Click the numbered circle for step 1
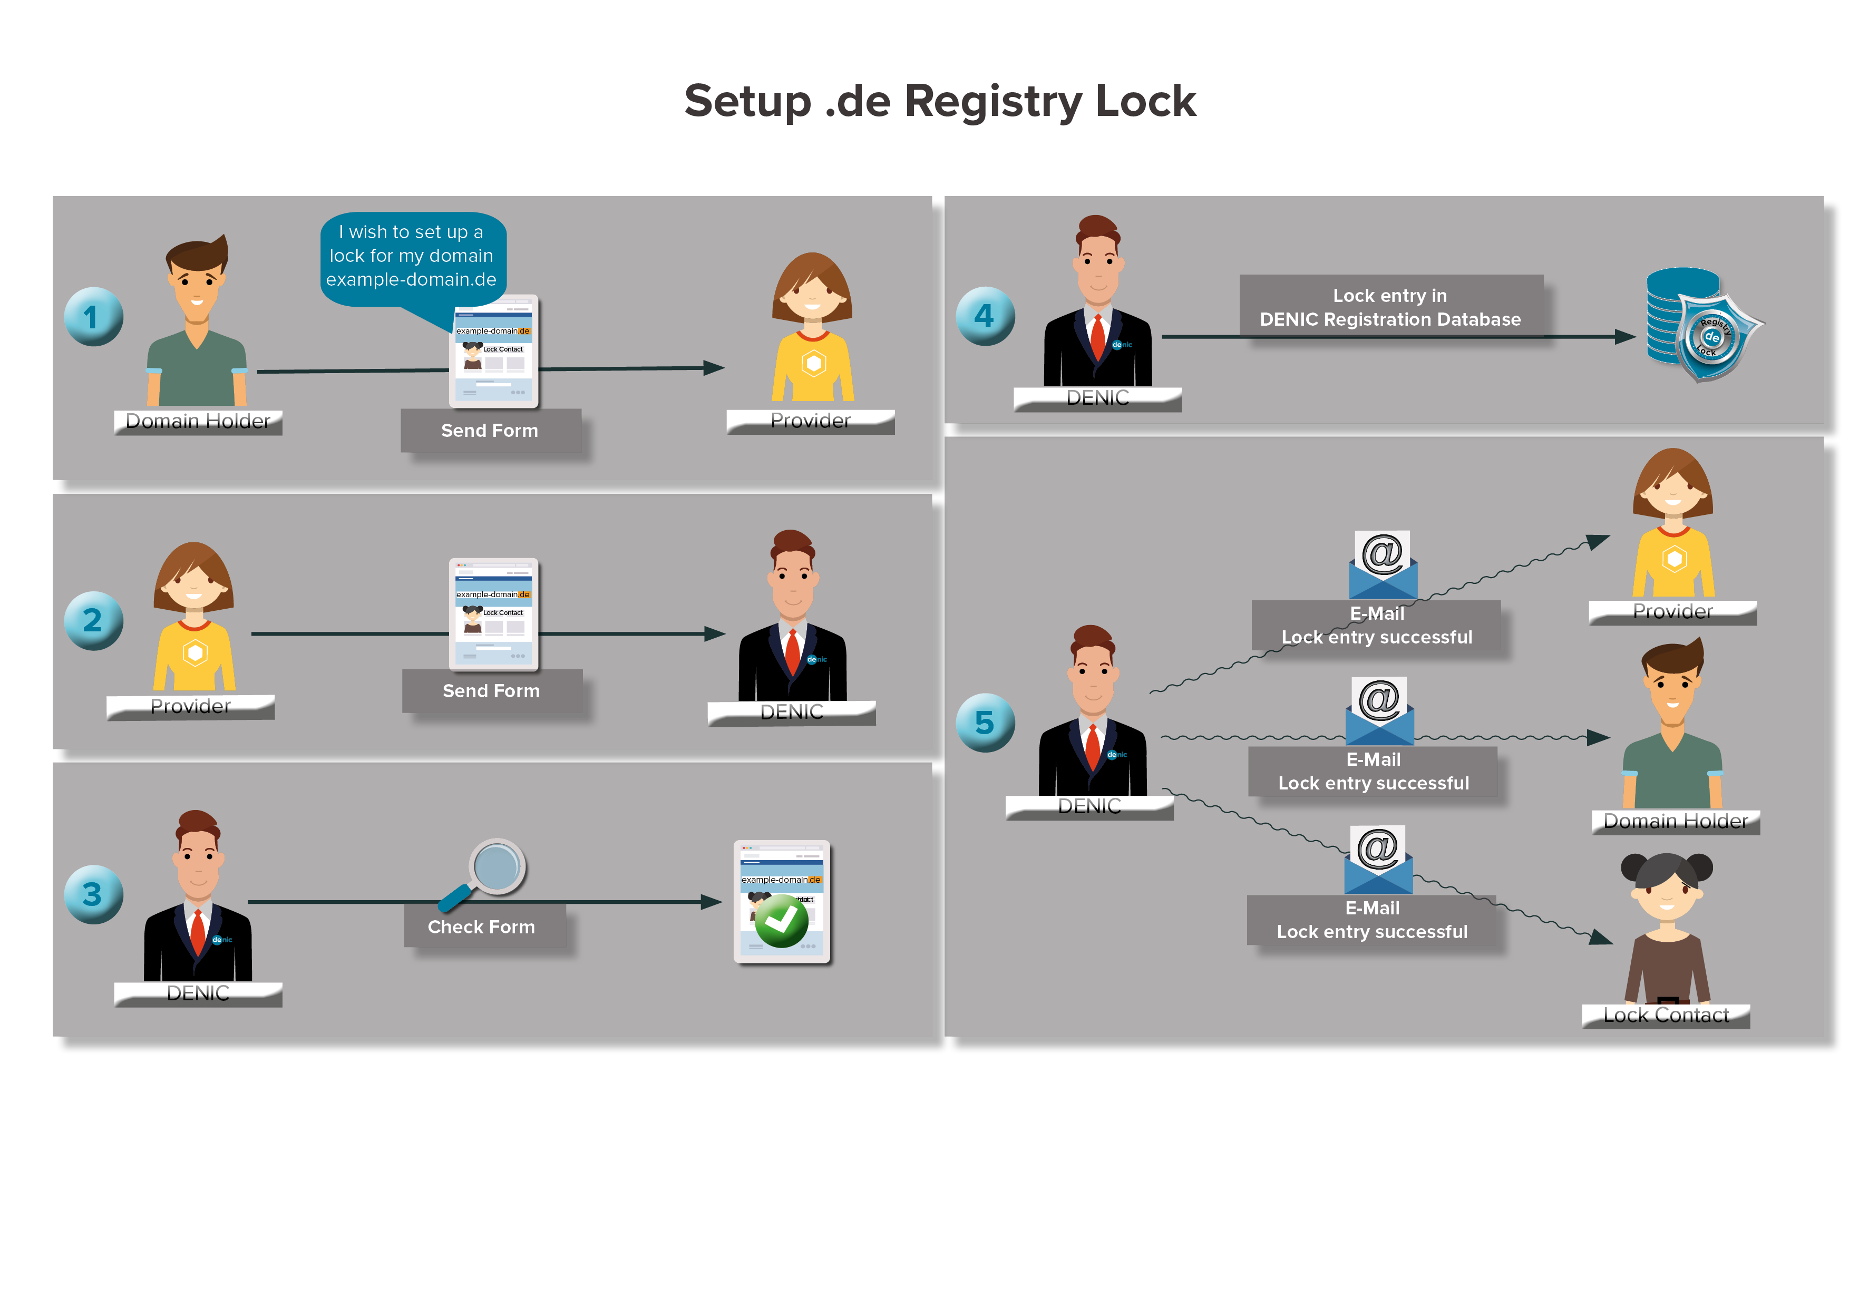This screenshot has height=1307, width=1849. coord(93,317)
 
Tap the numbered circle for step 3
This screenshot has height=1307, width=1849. coord(93,894)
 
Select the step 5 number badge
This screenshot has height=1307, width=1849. coord(985,723)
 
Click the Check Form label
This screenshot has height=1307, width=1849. coord(482,927)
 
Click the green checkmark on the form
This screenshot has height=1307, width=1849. coord(781,921)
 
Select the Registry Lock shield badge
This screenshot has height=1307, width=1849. coord(1715,337)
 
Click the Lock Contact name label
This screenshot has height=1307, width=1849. coord(1666,1016)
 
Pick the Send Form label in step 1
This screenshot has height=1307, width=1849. coord(490,430)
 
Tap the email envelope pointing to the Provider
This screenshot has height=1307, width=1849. coord(1383,565)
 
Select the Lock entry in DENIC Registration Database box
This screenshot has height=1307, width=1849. coord(1391,308)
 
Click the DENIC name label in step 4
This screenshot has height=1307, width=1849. coord(1097,398)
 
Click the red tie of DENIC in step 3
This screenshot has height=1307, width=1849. coord(197,932)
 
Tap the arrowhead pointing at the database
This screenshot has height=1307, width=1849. coord(1625,337)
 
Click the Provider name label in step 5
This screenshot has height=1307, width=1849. coord(1672,612)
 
